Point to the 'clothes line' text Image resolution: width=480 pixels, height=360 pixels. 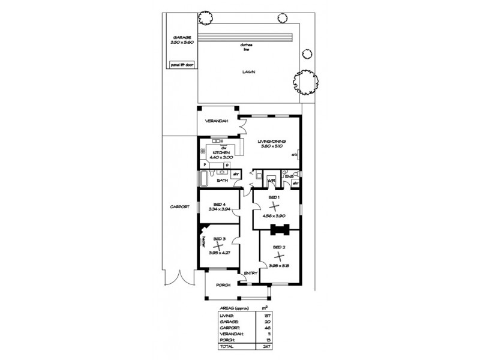(245, 47)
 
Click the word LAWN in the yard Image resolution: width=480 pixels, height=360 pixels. (248, 71)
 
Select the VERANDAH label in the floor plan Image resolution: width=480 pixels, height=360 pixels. (217, 121)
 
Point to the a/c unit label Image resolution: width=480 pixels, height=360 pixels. (295, 155)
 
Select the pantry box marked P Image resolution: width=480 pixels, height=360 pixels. (204, 164)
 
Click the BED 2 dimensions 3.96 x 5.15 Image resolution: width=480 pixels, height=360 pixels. (280, 265)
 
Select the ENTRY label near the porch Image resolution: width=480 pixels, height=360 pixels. (251, 274)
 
